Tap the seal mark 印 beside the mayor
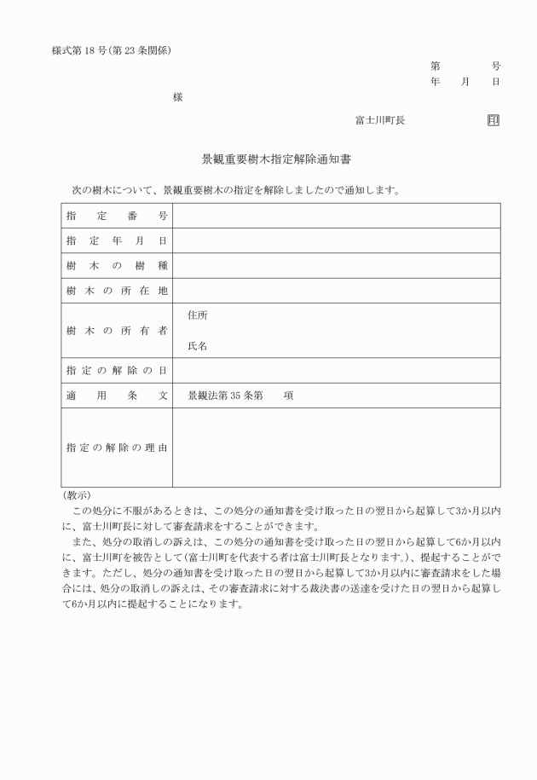point(494,121)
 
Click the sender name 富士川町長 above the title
point(380,121)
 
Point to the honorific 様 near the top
point(177,97)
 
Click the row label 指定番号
point(117,216)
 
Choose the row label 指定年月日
point(117,241)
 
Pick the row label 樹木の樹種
point(117,266)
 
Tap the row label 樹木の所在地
point(117,292)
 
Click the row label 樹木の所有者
point(117,331)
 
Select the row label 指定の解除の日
point(117,371)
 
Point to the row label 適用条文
point(117,396)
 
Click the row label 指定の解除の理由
point(117,448)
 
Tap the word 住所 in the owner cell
point(198,315)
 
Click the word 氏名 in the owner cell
point(198,346)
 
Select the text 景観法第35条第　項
point(241,396)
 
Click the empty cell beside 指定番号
point(337,216)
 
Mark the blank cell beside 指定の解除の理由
point(337,448)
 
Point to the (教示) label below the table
point(77,495)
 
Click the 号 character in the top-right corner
point(495,66)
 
